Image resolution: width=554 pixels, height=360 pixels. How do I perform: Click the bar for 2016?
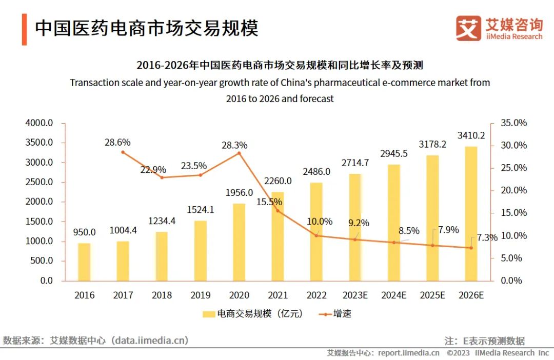point(84,262)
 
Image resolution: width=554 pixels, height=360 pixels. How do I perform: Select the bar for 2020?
point(239,242)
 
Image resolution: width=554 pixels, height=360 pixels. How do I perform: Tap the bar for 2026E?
point(471,214)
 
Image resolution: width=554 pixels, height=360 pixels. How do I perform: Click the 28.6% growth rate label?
point(117,142)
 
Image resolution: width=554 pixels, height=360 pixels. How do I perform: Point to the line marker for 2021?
point(278,210)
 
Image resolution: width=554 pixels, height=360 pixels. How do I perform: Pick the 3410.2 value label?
point(471,136)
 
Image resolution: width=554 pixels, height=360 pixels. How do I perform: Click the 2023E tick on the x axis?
point(355,295)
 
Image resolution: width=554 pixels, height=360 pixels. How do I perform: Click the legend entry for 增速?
point(336,314)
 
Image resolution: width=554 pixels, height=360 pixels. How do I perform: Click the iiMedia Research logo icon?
point(468,28)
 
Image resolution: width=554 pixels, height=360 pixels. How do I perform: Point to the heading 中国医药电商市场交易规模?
point(146,28)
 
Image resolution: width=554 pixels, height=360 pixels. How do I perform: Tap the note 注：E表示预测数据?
point(484,341)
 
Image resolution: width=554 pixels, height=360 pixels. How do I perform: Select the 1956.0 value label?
point(239,193)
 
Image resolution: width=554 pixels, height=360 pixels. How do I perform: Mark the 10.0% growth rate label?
point(319,222)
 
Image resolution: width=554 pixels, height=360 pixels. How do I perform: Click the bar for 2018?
point(162,256)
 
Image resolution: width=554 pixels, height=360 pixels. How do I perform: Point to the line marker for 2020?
point(239,153)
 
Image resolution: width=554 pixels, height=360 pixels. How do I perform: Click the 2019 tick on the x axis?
point(201,295)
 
